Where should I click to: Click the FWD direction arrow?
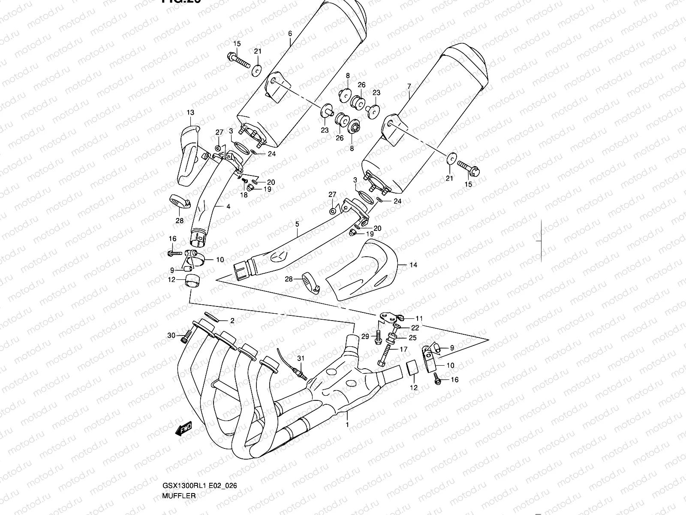click(x=184, y=429)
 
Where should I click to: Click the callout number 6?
click(x=290, y=33)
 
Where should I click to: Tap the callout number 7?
click(x=409, y=87)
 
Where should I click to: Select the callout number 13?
click(x=190, y=113)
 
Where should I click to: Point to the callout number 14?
click(x=413, y=265)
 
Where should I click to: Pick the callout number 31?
click(x=300, y=357)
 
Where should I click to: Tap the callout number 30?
click(x=171, y=335)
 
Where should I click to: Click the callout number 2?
click(x=232, y=320)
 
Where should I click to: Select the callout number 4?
click(x=228, y=206)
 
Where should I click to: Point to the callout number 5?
click(x=297, y=224)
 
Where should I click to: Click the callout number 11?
click(x=419, y=318)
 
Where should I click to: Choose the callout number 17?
click(x=403, y=349)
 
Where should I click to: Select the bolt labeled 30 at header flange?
click(x=185, y=337)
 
